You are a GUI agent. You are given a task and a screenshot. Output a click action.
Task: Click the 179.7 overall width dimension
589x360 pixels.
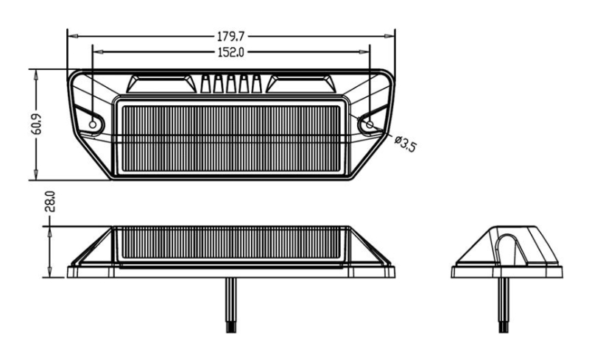coord(231,36)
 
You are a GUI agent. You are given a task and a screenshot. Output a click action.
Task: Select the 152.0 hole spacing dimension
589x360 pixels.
coord(231,52)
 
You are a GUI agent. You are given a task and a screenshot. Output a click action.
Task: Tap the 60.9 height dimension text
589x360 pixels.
coord(36,124)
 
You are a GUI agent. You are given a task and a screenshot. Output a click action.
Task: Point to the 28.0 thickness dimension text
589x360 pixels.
coord(50,202)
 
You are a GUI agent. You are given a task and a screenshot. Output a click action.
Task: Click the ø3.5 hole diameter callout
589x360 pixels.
coord(406,143)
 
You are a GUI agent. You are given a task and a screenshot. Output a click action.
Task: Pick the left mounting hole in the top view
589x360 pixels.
coord(93,124)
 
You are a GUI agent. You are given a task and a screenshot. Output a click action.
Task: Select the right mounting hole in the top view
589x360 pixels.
coord(370,124)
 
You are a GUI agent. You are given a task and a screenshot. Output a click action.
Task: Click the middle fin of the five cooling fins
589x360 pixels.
coord(230,84)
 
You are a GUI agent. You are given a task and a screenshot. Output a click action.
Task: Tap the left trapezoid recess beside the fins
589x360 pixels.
coord(161,84)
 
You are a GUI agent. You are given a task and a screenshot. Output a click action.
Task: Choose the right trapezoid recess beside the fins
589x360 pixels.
coord(301,84)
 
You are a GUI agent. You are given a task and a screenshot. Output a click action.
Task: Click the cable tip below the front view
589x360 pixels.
coord(231,327)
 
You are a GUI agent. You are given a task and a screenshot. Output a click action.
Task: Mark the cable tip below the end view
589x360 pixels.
coord(504,327)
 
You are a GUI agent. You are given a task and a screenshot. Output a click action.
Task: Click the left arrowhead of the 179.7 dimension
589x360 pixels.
coord(72,36)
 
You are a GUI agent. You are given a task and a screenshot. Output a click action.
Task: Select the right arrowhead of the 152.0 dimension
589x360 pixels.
coord(364,52)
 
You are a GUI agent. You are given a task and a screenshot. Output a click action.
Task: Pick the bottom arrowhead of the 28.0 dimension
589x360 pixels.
coord(49,272)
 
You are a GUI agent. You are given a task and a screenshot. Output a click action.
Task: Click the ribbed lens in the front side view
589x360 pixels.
coord(231,243)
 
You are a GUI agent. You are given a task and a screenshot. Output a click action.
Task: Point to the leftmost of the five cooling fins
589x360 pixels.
coord(205,84)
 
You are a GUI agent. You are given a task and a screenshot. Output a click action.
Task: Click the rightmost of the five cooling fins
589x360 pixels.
coord(256,84)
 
